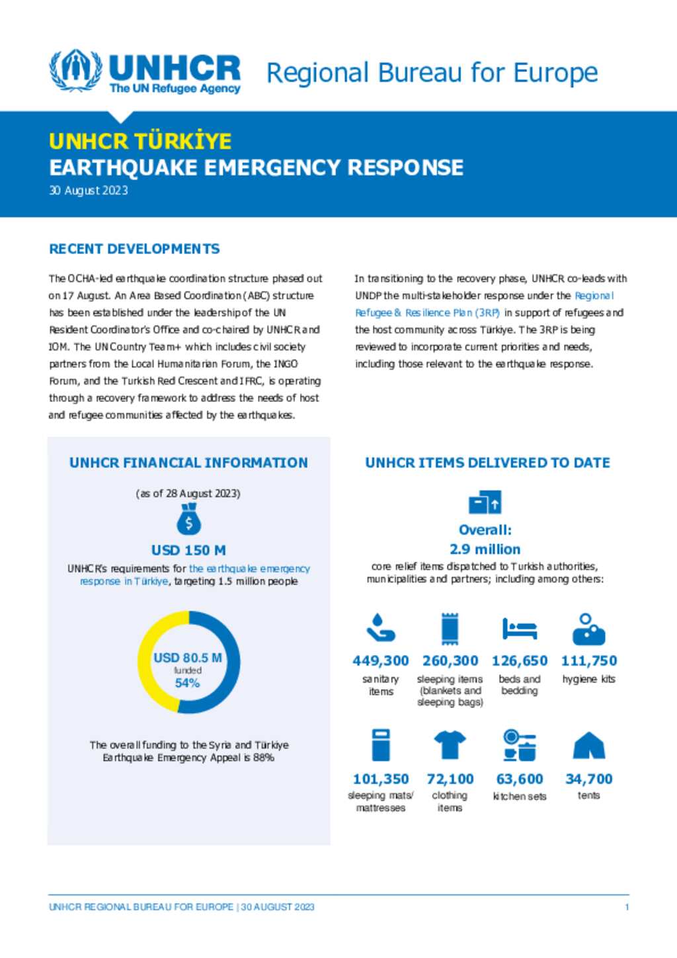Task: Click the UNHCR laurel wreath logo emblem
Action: [x=76, y=70]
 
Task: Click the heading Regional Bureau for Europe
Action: [x=432, y=73]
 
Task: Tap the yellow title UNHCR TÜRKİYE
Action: [x=140, y=141]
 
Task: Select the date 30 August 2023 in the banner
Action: [x=89, y=190]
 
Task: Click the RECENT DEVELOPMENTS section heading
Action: [x=134, y=249]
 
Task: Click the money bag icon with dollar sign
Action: [x=188, y=520]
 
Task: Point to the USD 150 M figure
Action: [x=188, y=550]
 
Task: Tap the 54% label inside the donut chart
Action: [x=187, y=683]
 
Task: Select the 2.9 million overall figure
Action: [x=485, y=549]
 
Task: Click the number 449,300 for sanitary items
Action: [x=380, y=661]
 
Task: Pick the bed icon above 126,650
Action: [x=519, y=629]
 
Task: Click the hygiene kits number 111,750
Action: [x=588, y=661]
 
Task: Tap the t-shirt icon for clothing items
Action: [x=450, y=745]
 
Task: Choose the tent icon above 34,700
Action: [x=588, y=746]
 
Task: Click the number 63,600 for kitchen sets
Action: [x=519, y=779]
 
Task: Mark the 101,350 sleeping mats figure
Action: [x=380, y=779]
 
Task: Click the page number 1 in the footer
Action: [x=627, y=907]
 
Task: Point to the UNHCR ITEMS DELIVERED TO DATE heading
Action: [x=487, y=463]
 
